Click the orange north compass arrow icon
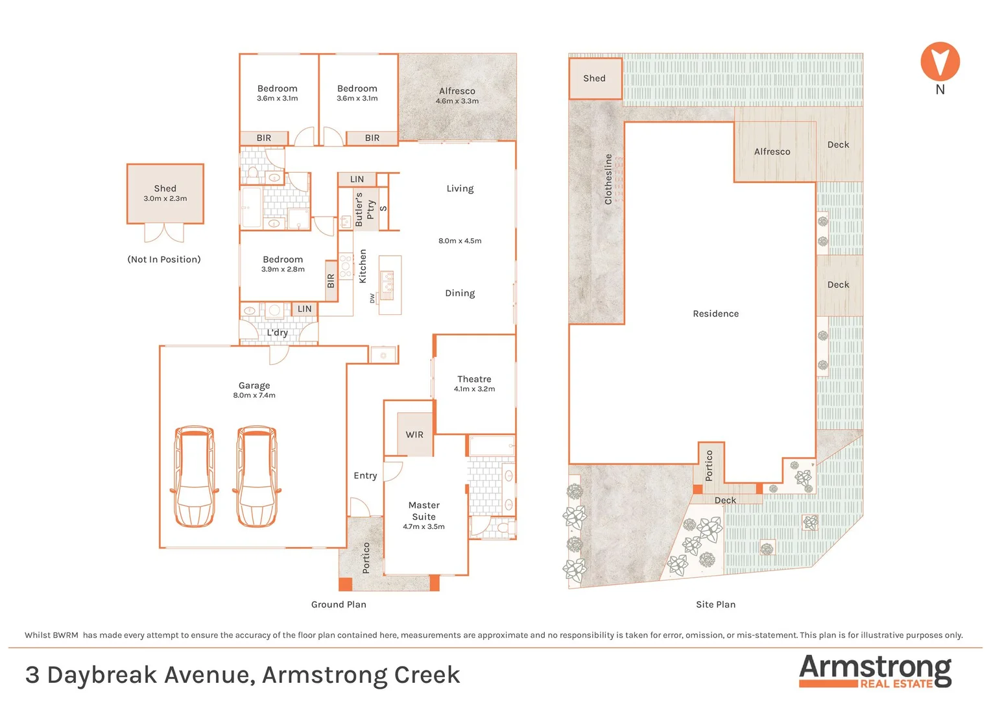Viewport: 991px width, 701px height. tap(940, 62)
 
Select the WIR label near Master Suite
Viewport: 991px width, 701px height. tap(414, 435)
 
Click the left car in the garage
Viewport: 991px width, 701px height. tap(194, 476)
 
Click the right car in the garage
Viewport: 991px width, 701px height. tap(257, 476)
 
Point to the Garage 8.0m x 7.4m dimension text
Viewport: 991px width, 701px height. tap(254, 395)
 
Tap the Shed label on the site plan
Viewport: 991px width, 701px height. tap(594, 79)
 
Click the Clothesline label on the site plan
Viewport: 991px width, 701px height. tap(608, 179)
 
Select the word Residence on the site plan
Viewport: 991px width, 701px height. tap(715, 314)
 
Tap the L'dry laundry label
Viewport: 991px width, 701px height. tap(277, 333)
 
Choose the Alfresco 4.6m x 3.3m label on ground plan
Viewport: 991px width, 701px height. tap(457, 95)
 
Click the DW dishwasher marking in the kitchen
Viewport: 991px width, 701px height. tap(372, 298)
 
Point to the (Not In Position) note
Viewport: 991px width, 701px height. tap(164, 260)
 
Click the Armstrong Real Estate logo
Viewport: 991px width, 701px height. tap(875, 670)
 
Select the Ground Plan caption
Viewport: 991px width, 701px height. tap(339, 604)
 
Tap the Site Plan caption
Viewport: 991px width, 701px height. tap(715, 604)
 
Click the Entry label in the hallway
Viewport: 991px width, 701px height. tap(365, 476)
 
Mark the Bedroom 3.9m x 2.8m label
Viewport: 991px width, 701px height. tap(283, 264)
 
